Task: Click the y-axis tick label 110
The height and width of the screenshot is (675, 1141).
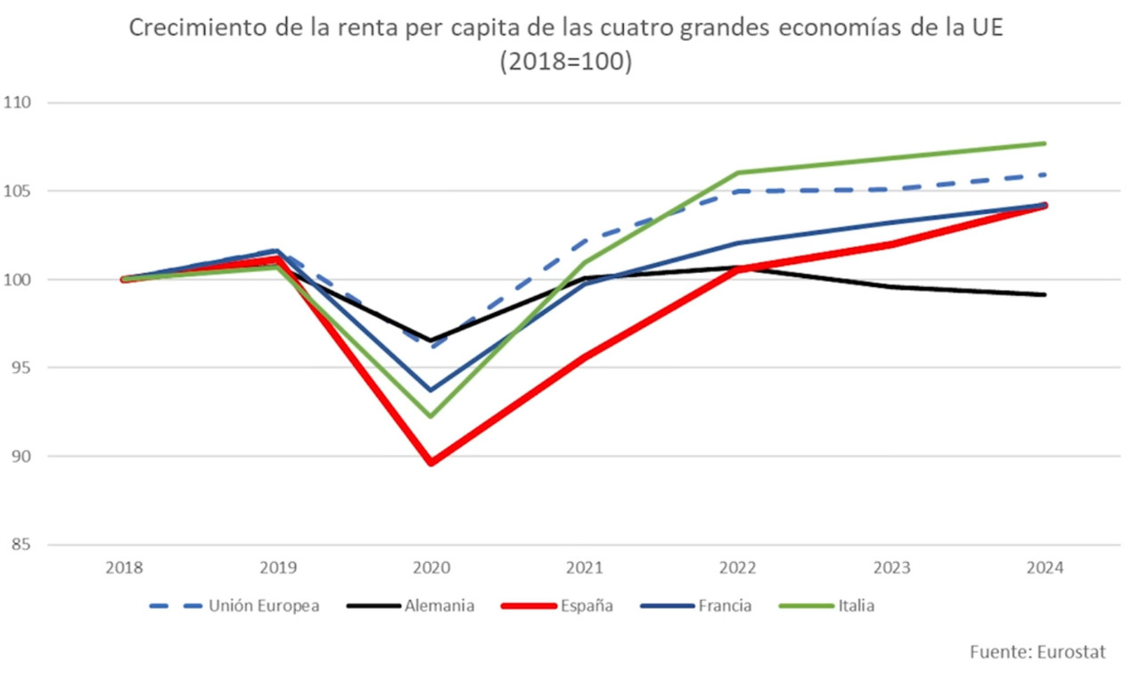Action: click(18, 103)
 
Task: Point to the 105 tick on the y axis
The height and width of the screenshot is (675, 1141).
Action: click(18, 191)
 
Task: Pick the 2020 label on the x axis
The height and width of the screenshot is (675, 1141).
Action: click(431, 567)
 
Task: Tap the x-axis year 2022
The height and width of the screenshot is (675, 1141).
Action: click(738, 567)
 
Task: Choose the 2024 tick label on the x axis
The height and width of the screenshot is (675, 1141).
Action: click(1045, 567)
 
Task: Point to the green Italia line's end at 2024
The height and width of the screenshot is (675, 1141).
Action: click(1044, 144)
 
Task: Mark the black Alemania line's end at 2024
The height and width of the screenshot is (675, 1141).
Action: click(1044, 294)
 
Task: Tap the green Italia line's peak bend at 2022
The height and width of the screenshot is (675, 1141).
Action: click(738, 173)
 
